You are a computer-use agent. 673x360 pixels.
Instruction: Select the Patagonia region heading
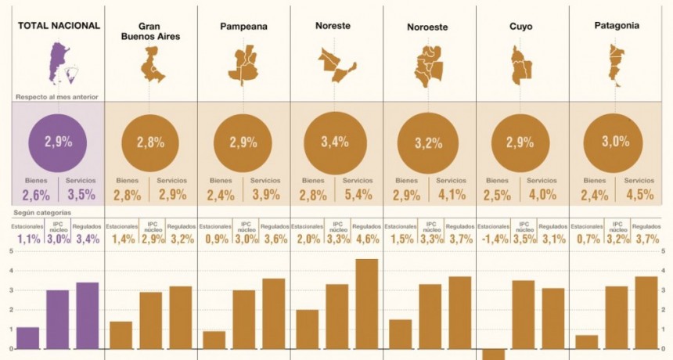click(617, 26)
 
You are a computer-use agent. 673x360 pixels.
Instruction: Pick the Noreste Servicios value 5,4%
click(358, 195)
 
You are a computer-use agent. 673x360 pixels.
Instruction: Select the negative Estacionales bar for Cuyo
click(493, 354)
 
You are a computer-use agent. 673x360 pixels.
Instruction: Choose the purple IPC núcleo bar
click(56, 319)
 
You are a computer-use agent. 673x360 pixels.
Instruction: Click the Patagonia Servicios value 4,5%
click(638, 195)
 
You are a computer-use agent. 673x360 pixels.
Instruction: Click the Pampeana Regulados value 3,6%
click(274, 239)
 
